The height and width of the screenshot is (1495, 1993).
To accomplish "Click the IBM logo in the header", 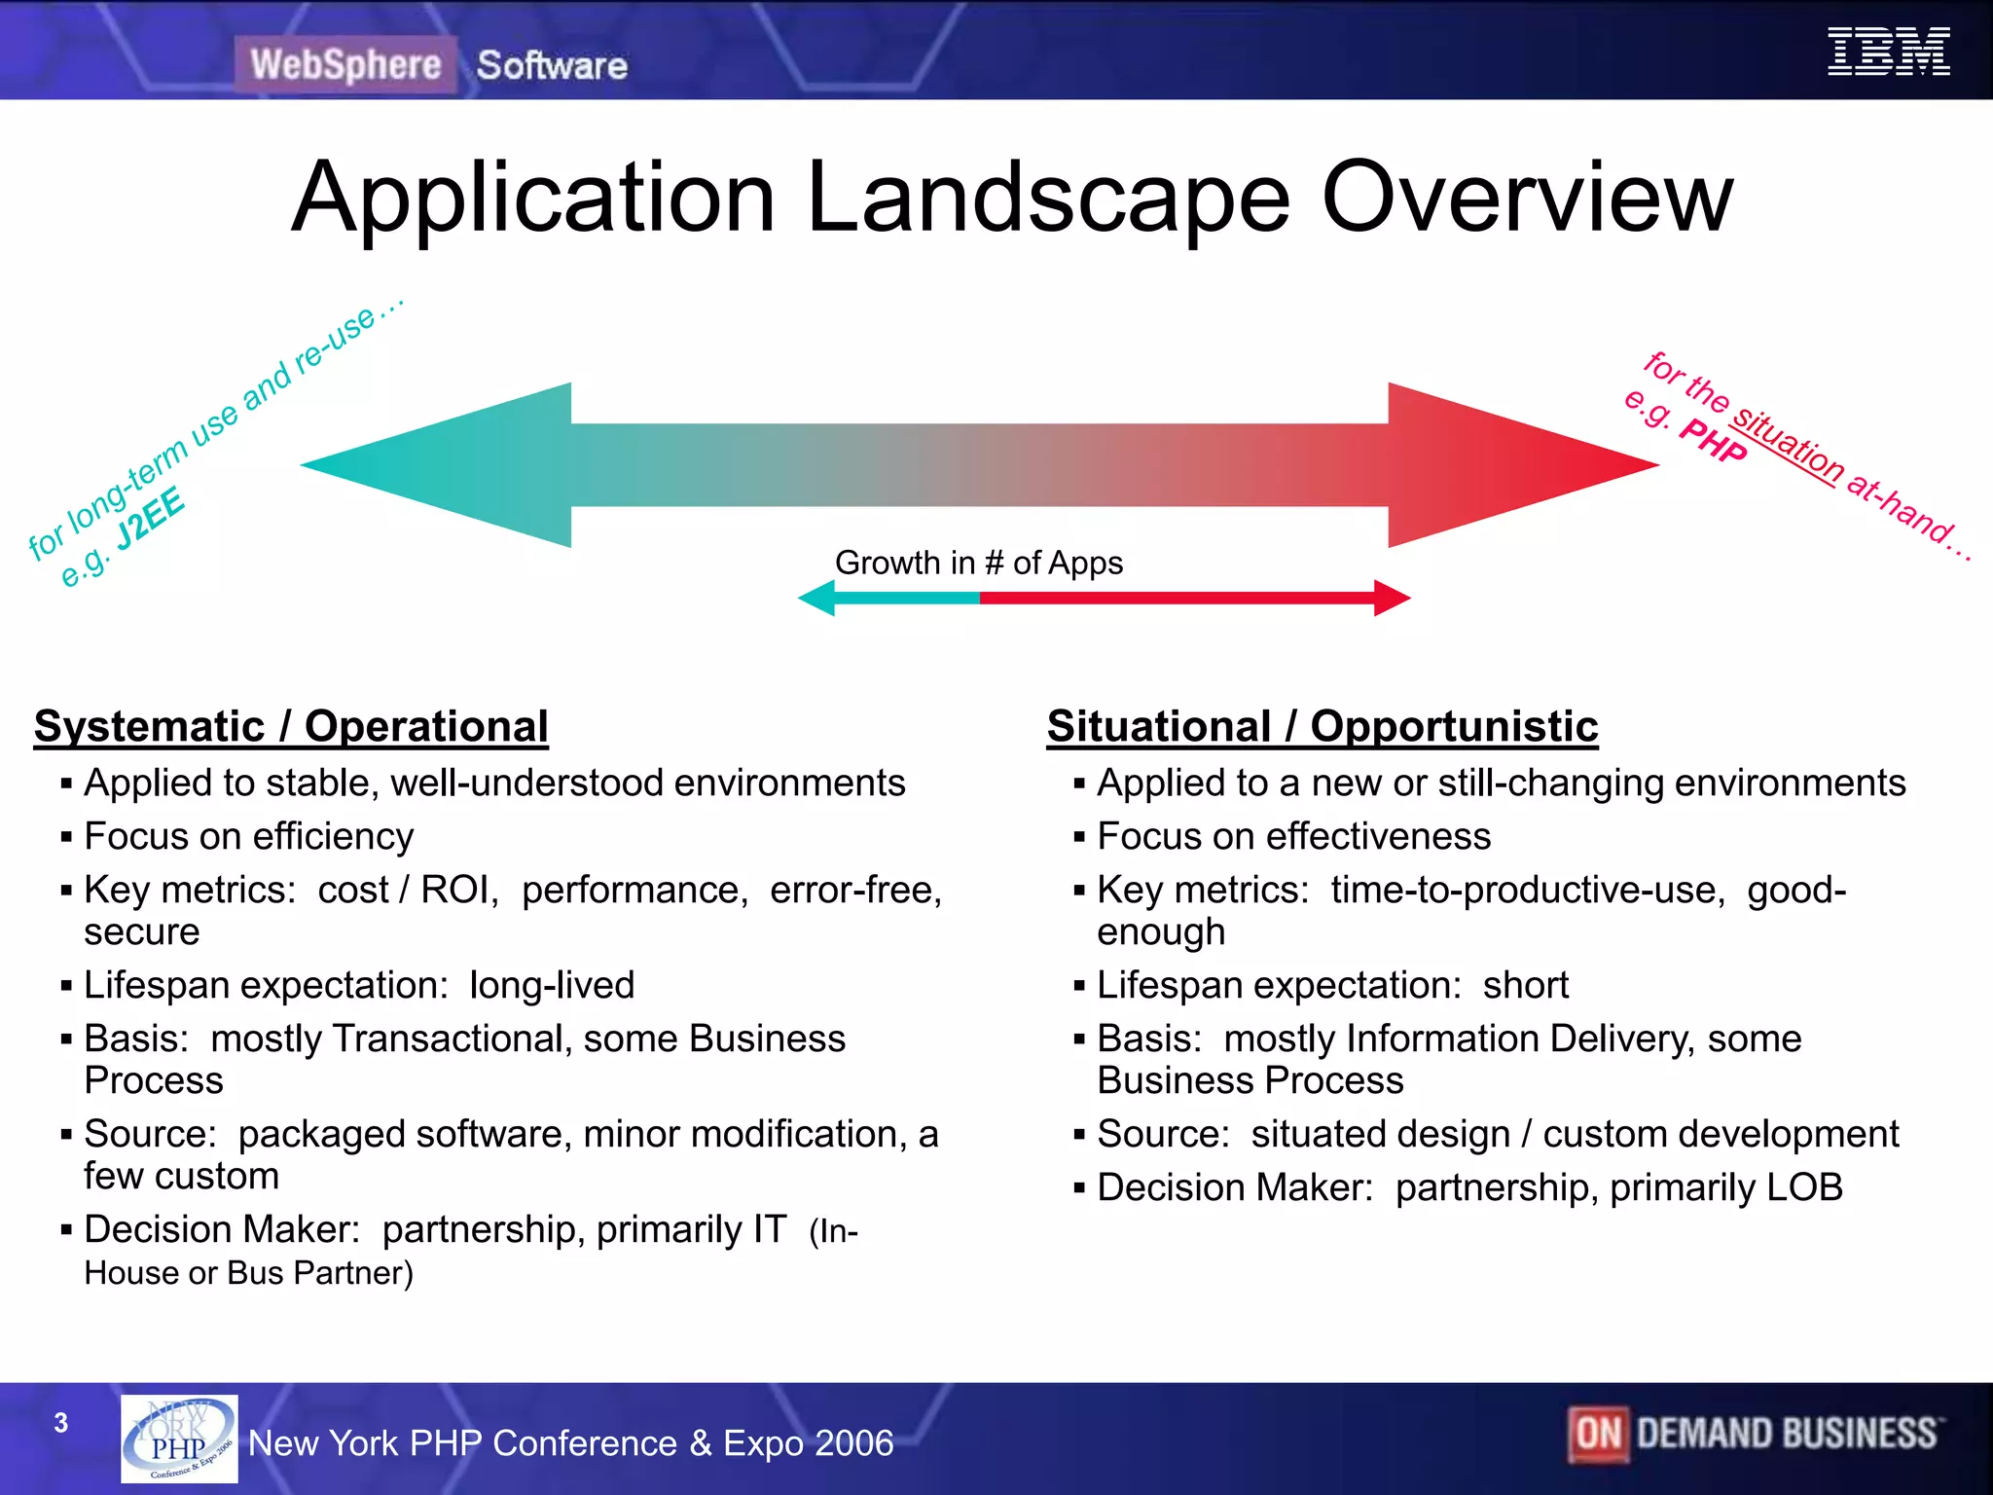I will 1888,52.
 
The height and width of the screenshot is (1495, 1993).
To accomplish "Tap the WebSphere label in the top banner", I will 345,65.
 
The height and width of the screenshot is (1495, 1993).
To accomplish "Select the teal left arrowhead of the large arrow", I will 438,465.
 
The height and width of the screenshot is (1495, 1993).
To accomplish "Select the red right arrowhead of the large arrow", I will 1518,465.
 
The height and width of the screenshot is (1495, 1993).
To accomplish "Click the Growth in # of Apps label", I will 978,563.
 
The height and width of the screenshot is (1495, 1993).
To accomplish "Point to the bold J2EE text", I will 151,518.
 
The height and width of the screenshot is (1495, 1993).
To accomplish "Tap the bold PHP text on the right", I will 1713,440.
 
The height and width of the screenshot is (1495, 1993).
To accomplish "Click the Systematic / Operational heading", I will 291,727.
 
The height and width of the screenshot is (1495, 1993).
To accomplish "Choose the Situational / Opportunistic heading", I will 1322,727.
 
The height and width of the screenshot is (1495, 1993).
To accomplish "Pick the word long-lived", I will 552,986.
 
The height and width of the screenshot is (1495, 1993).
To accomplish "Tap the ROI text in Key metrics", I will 457,891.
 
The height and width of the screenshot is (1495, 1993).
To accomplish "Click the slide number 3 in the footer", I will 61,1423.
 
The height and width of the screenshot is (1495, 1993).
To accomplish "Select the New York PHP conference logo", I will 179,1439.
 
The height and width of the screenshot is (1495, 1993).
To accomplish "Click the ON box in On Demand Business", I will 1598,1434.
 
